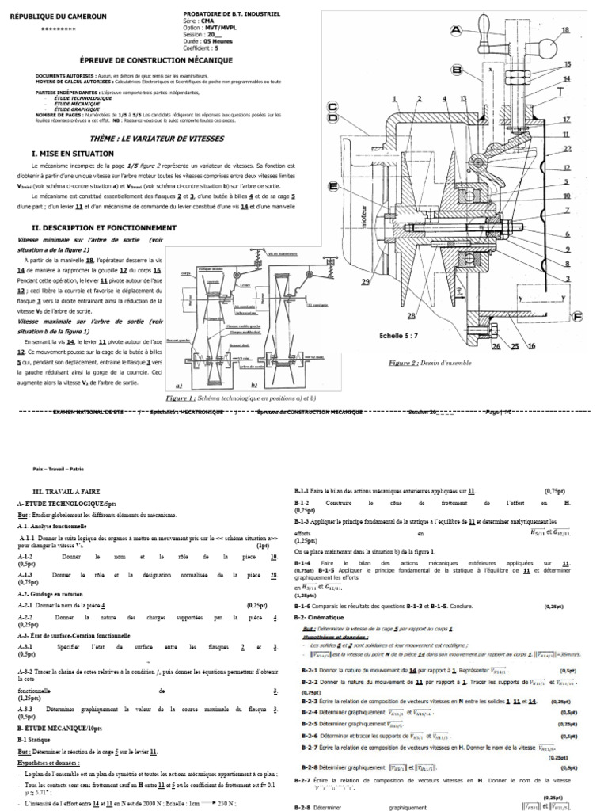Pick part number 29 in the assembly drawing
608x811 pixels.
(365, 283)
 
